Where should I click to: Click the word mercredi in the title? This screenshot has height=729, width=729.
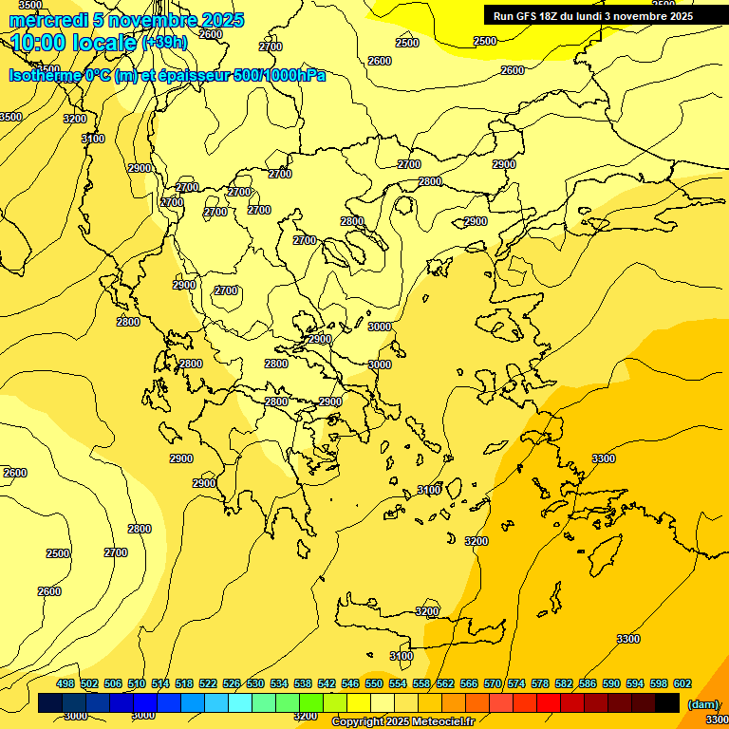pyautogui.click(x=47, y=20)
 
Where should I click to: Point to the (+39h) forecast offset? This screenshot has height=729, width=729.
pyautogui.click(x=164, y=43)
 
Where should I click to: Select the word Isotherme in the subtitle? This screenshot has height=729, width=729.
pyautogui.click(x=44, y=75)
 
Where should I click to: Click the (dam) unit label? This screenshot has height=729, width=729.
pyautogui.click(x=703, y=704)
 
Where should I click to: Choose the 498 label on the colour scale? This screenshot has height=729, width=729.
pyautogui.click(x=65, y=683)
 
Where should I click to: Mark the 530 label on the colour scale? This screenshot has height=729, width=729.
pyautogui.click(x=255, y=683)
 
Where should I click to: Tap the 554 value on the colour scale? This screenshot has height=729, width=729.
pyautogui.click(x=398, y=683)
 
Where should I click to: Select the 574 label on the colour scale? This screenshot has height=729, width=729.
pyautogui.click(x=516, y=683)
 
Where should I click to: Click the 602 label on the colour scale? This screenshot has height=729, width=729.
pyautogui.click(x=682, y=683)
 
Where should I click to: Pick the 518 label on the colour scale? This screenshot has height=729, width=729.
pyautogui.click(x=184, y=683)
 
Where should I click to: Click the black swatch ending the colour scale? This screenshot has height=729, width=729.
pyautogui.click(x=667, y=702)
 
